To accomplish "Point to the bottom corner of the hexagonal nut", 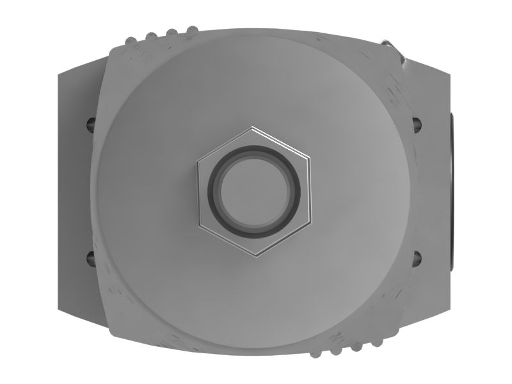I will click(x=257, y=257).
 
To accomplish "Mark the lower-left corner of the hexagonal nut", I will click(x=200, y=226).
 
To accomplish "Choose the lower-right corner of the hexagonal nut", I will click(x=312, y=223).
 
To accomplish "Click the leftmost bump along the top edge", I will click(x=131, y=42).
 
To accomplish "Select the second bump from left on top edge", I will click(x=152, y=36).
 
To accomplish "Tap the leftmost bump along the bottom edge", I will click(x=316, y=351).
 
